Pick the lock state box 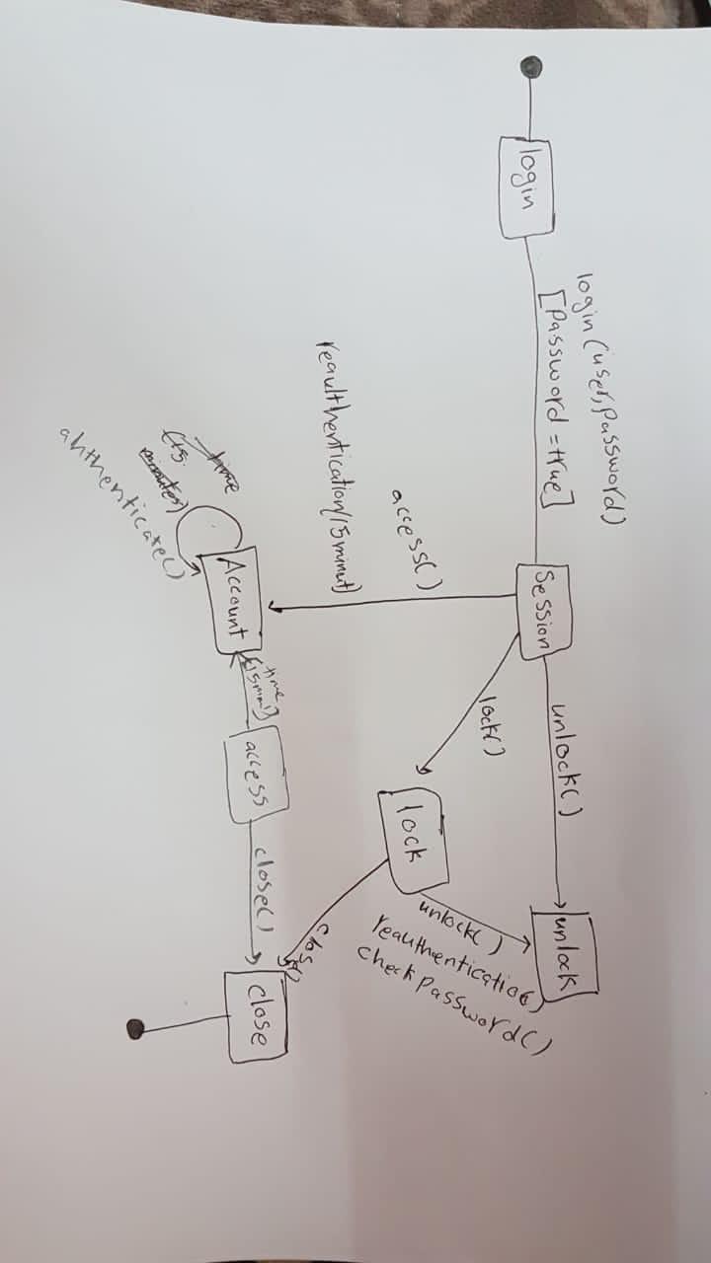click(414, 838)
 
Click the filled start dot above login click(531, 66)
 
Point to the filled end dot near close click(136, 1029)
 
